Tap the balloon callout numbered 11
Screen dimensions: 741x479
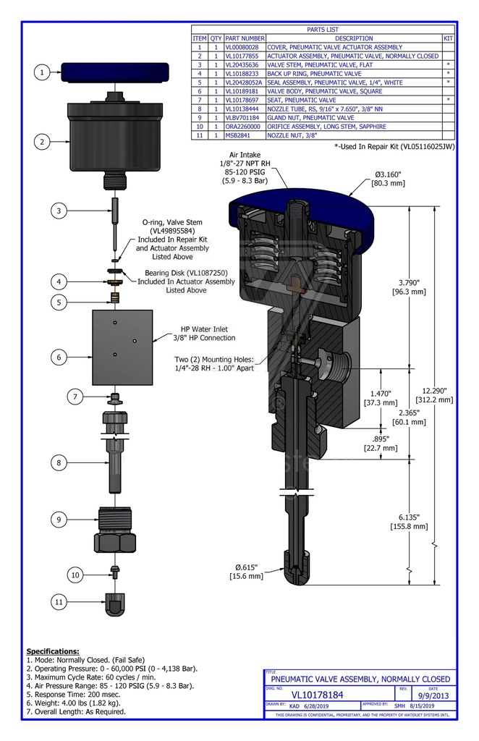60,601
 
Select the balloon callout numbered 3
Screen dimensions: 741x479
60,211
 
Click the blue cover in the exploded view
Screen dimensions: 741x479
115,73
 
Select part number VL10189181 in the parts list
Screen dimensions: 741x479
245,91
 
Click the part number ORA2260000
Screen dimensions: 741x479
245,126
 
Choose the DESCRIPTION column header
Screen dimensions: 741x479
354,38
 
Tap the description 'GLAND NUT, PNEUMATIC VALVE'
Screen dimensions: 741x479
311,117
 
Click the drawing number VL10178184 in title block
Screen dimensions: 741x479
318,695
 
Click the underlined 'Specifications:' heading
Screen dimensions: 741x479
53,651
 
